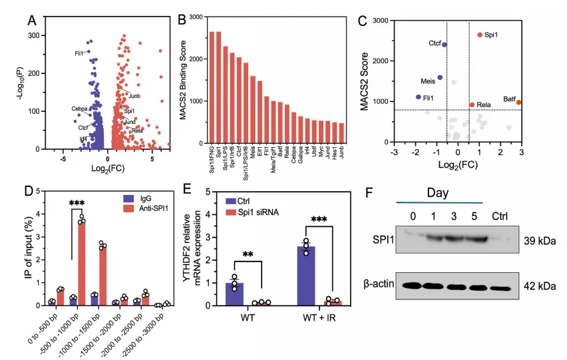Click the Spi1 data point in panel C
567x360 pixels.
point(480,35)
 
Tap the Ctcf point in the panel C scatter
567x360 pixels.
point(445,45)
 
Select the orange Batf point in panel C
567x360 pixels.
point(518,102)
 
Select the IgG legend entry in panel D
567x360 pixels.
point(145,198)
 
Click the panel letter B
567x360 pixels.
point(182,20)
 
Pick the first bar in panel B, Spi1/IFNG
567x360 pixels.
point(212,87)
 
